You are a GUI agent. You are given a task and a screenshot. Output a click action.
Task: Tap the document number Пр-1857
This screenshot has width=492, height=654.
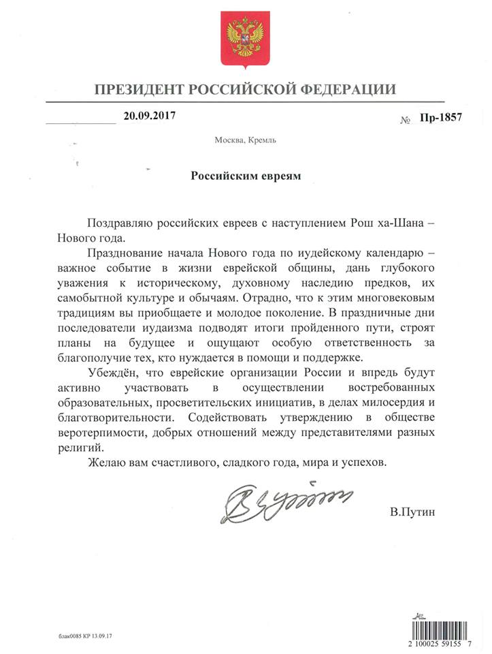click(x=442, y=117)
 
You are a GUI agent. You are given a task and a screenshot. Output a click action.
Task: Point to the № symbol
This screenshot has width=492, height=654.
click(x=404, y=119)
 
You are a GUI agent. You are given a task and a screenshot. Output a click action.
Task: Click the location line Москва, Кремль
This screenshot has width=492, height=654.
click(x=245, y=141)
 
